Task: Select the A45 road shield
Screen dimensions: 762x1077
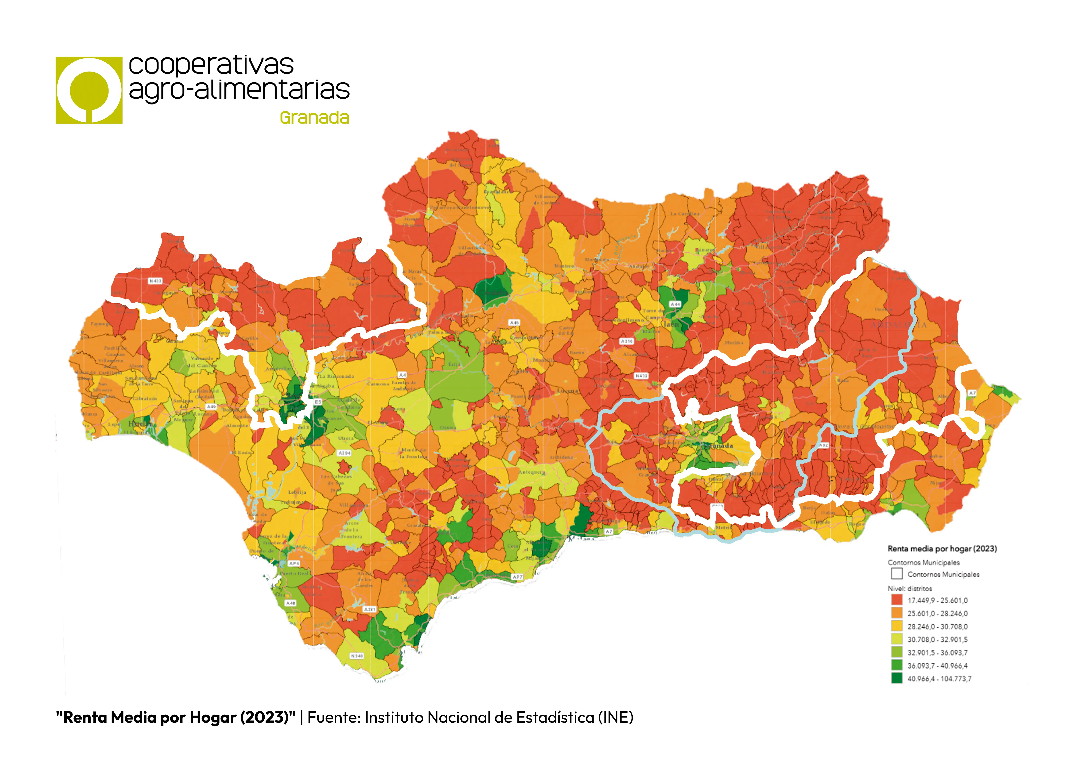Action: click(515, 323)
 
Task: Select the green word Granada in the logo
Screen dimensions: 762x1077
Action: click(314, 118)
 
